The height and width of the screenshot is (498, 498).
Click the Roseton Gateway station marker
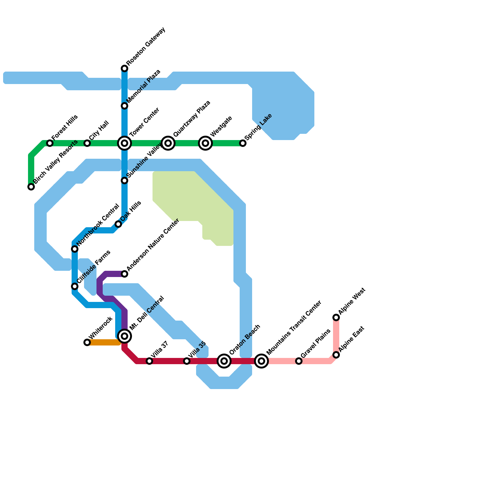point(125,68)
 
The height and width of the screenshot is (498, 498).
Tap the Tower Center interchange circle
point(125,143)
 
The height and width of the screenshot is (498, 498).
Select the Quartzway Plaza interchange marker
point(168,143)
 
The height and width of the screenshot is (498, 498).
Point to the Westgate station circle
point(205,143)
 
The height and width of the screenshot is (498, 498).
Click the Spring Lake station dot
point(243,143)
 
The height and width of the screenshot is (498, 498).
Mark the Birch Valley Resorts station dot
point(31,187)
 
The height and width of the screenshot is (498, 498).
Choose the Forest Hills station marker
point(50,143)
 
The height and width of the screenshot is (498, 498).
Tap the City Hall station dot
point(87,143)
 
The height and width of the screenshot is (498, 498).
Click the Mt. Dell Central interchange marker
point(125,336)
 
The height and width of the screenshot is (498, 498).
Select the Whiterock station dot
point(87,342)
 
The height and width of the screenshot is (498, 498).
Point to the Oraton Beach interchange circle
point(224,361)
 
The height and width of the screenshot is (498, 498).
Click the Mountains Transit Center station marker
point(261,361)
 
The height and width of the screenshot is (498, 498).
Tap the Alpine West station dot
point(336,317)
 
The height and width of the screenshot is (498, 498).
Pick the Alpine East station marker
point(336,355)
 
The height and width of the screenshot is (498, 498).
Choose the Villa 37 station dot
point(149,361)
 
